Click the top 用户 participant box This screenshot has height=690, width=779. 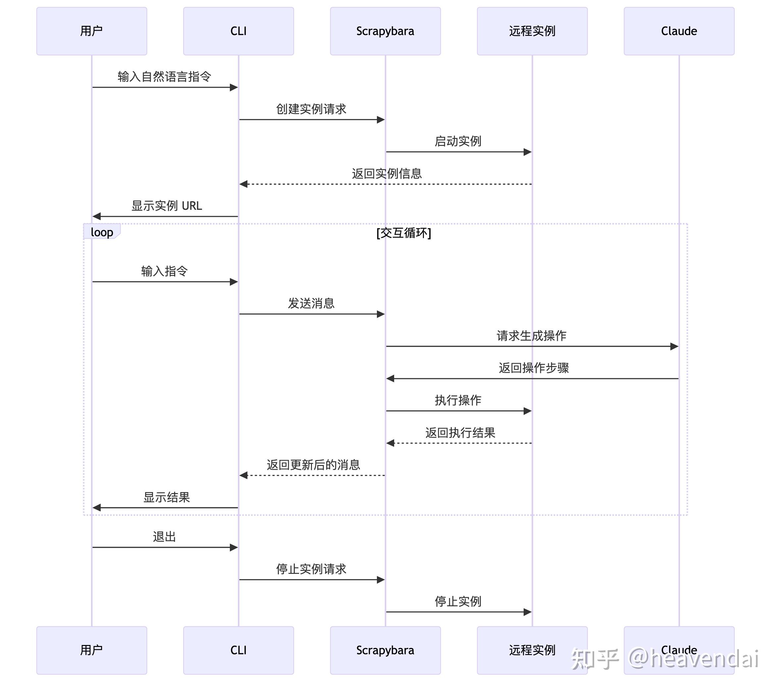point(91,31)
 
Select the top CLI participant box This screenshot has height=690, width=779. point(238,31)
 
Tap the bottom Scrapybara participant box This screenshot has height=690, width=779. point(385,650)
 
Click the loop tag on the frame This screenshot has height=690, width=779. point(102,232)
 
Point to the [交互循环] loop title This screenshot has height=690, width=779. point(404,233)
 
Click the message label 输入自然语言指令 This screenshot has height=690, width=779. point(164,76)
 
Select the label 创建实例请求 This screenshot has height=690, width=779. point(311,109)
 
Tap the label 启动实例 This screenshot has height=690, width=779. point(458,141)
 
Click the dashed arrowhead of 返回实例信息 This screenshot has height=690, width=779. point(243,184)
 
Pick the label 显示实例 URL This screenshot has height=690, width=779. point(167,206)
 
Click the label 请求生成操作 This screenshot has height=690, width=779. point(531,336)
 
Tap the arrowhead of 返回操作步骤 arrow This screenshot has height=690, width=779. point(390,379)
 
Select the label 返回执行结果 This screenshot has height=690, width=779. point(460,433)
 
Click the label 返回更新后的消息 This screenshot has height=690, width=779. point(313,465)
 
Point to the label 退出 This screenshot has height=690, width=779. point(164,536)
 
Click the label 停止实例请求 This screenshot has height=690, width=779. point(311,569)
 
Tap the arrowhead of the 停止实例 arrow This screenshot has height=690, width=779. point(528,612)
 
